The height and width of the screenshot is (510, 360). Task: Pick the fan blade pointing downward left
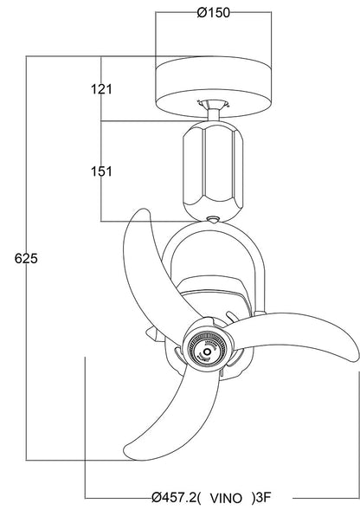[156, 416]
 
